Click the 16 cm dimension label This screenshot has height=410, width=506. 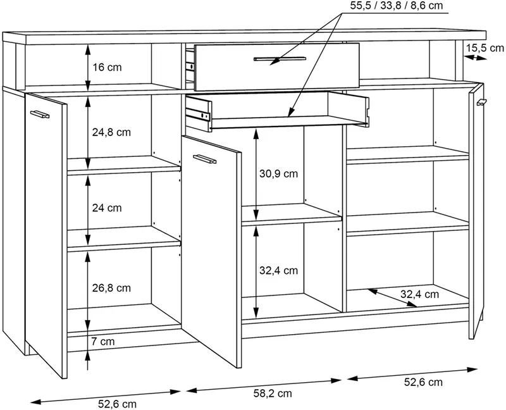point(107,68)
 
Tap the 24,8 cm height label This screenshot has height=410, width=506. point(112,132)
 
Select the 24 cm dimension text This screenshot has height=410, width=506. point(107,208)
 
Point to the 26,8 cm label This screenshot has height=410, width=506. point(112,288)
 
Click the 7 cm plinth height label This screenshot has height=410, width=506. point(103,341)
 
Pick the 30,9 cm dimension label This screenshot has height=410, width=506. point(278,174)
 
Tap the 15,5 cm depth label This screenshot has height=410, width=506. point(484,48)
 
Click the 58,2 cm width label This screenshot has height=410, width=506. point(273,393)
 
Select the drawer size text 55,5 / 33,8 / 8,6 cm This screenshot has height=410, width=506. point(397,6)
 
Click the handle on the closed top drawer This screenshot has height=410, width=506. point(280,59)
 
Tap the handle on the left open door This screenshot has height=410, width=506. point(40,114)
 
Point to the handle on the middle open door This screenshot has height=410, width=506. point(204,159)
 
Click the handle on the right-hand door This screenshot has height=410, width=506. point(481,102)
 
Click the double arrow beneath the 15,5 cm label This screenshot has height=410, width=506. point(476,58)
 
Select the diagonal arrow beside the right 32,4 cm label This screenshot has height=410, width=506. point(392,297)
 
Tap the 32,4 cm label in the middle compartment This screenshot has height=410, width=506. point(278,270)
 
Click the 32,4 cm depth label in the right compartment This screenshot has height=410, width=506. point(419,294)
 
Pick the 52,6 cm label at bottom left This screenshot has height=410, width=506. point(117,404)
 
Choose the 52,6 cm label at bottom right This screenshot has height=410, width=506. point(423,382)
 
